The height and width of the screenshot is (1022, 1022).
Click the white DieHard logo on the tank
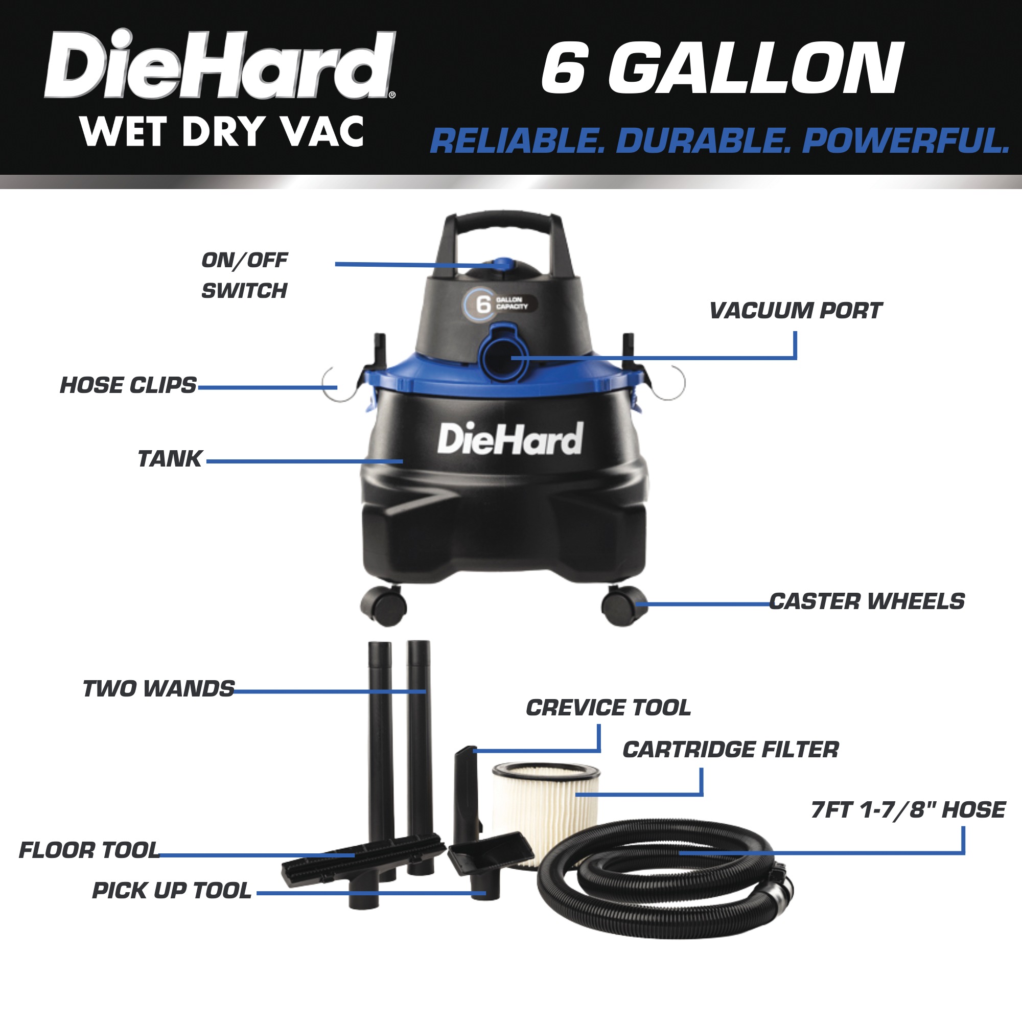[x=510, y=439]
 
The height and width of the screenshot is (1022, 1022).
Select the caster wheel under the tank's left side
[x=384, y=605]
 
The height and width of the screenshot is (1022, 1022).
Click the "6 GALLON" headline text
[x=722, y=69]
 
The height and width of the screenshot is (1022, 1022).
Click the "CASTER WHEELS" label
[x=867, y=601]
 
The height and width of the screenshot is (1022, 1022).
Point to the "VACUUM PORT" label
[x=796, y=311]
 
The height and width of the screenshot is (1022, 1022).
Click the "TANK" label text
[x=170, y=459]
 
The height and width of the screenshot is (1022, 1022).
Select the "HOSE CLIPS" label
[x=128, y=386]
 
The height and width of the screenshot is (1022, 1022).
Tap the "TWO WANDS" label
[x=158, y=689]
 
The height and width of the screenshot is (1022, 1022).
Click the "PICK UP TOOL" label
[x=171, y=891]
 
